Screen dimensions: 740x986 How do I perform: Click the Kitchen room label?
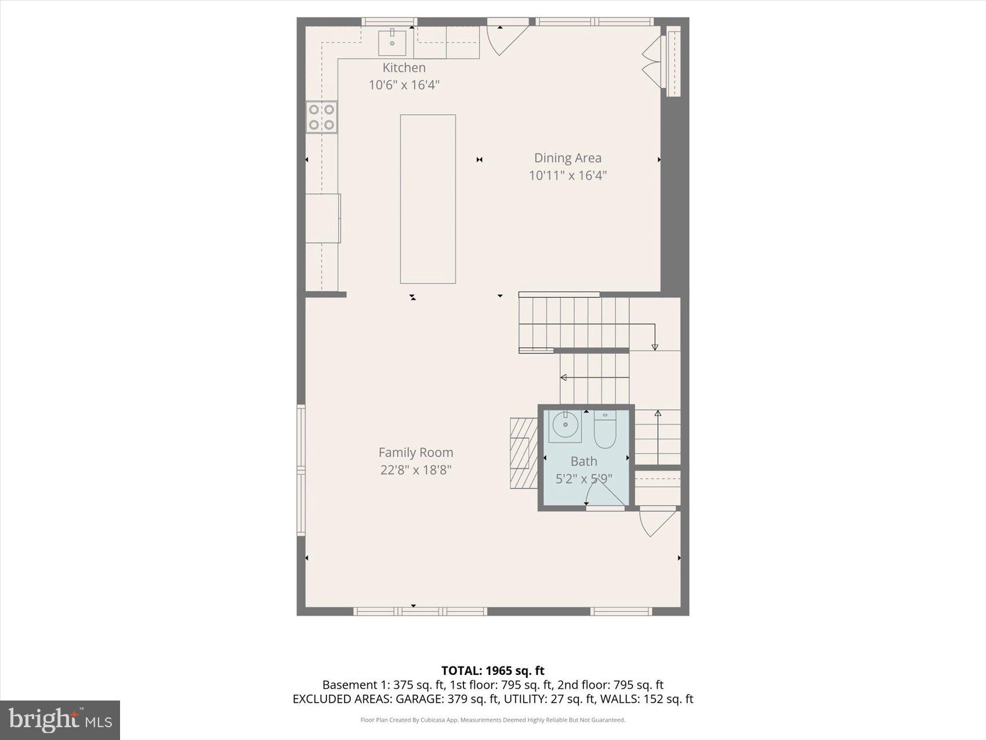(404, 68)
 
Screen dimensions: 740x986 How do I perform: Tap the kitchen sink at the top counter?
(392, 42)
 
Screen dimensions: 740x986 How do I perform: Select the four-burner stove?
(321, 117)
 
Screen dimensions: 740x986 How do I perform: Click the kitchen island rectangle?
(427, 199)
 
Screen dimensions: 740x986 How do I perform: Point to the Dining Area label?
(567, 158)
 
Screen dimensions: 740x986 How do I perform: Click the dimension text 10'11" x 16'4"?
(567, 175)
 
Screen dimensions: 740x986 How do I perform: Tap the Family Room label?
(415, 453)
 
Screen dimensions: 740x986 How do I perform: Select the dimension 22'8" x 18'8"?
(415, 470)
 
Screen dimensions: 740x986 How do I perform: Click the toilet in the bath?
(604, 430)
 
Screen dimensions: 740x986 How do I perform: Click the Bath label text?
(583, 461)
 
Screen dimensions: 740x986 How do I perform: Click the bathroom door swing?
(603, 493)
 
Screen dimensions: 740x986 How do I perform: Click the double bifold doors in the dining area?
(652, 62)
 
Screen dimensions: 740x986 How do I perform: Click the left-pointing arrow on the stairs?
(592, 378)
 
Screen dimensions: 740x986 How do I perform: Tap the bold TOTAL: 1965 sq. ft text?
(492, 671)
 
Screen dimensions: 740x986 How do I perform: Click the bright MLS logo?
(60, 720)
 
